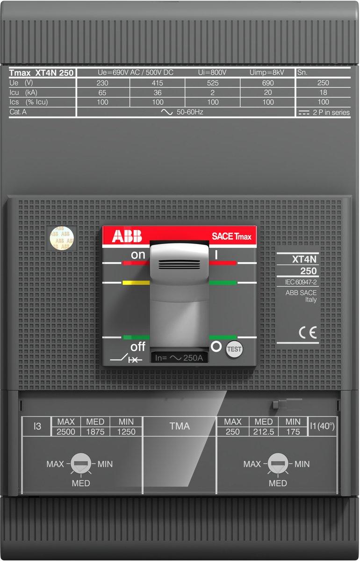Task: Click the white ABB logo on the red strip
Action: (127, 236)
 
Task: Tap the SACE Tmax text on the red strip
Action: (231, 236)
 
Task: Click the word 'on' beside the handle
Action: (138, 255)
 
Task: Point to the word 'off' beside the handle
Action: (138, 346)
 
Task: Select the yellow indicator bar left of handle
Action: (136, 283)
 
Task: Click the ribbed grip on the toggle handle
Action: (180, 265)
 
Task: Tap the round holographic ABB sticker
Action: (62, 238)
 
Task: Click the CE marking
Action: (308, 332)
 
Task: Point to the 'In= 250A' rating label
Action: (179, 358)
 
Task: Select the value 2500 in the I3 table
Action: (65, 432)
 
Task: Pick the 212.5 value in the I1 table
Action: (264, 432)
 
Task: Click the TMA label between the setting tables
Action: (180, 426)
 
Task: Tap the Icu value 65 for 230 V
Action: (102, 93)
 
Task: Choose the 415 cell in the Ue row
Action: (158, 83)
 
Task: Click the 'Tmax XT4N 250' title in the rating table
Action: (41, 73)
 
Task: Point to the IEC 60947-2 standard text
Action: (301, 282)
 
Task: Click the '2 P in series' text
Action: (331, 113)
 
